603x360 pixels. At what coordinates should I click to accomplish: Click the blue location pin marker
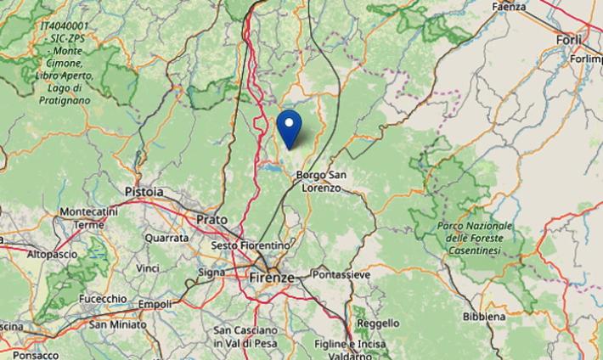coord(290,127)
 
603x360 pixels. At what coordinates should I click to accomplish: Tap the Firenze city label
coord(272,278)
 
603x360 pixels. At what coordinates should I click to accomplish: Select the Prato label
coord(211,220)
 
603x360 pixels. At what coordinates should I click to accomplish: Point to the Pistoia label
coord(144,192)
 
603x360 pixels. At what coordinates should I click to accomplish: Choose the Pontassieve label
coord(341,275)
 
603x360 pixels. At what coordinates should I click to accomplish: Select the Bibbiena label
coord(484,317)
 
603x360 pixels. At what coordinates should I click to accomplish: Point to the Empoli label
coord(155,303)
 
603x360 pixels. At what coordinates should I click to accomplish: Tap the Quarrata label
coord(166,239)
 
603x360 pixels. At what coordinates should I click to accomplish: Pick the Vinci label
coord(148,268)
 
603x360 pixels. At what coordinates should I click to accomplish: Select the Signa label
coord(211,273)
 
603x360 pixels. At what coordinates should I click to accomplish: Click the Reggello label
coord(378,323)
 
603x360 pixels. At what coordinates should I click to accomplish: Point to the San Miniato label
coord(117,324)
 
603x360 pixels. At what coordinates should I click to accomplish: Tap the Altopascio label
coord(53,254)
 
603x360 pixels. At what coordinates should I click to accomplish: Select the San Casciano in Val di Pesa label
coord(245,336)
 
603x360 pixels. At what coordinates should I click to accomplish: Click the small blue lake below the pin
coord(273,168)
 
